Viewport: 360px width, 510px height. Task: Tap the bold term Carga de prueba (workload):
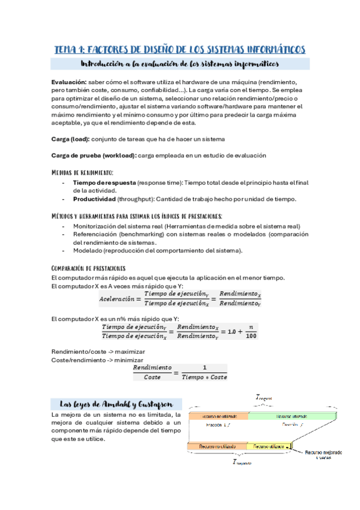pyautogui.click(x=94, y=155)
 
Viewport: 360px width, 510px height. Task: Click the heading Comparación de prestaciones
pyautogui.click(x=89, y=268)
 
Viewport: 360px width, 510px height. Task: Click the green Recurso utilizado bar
pyautogui.click(x=291, y=416)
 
